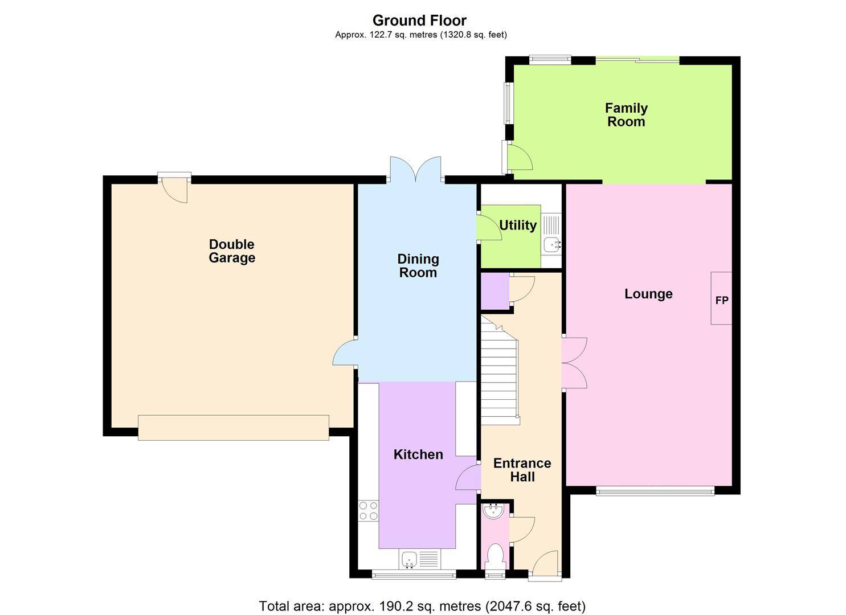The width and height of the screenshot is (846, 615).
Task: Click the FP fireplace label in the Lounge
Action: pos(722,301)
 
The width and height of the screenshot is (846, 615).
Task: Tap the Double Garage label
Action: pos(232,251)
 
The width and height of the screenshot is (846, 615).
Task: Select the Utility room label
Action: pos(518,225)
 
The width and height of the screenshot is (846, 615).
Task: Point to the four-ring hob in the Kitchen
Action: pos(368,511)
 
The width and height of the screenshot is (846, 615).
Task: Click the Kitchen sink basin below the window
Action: pos(410,559)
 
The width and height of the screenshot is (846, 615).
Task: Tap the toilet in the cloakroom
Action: pos(494,557)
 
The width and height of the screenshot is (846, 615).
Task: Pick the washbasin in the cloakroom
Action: pos(493,511)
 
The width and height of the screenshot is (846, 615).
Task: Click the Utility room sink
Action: pos(552,245)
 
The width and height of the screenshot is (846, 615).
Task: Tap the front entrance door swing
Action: pos(545,564)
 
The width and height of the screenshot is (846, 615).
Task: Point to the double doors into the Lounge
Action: pos(574,363)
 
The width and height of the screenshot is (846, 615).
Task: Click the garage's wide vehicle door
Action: pos(234,428)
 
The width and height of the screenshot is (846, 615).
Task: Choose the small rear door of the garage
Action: pos(174,187)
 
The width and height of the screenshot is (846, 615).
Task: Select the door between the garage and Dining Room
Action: pos(345,352)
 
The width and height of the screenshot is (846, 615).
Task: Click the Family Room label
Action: pos(626,115)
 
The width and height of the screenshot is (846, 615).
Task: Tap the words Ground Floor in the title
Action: pos(420,20)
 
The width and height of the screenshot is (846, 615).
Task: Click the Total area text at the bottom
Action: pos(422,606)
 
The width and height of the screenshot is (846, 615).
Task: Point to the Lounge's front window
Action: pos(655,491)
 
